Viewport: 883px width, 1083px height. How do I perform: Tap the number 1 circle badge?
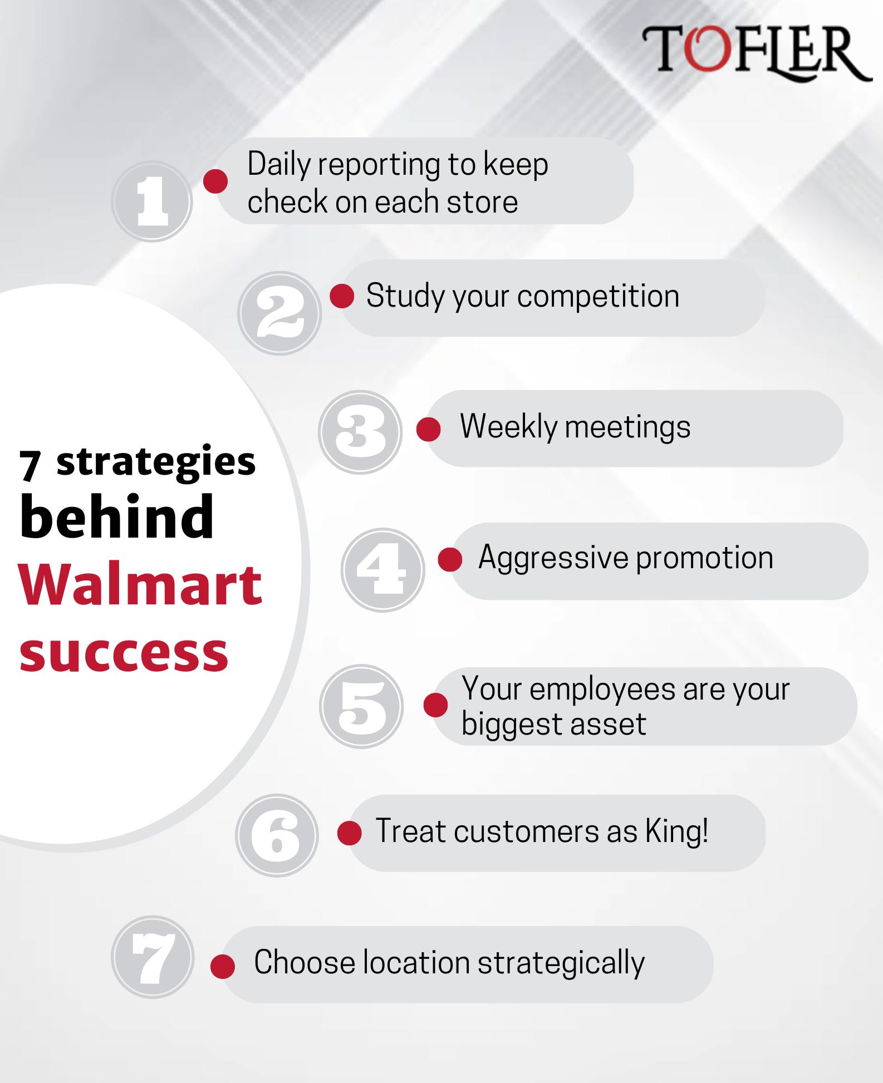152,201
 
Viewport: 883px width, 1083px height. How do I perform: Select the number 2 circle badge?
279,313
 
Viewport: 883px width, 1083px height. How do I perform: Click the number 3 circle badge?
360,432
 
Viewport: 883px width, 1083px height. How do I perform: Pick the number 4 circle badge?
382,569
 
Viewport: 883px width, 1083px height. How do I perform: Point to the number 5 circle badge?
361,706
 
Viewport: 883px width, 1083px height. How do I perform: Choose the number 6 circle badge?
277,835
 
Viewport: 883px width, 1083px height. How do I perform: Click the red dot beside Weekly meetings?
429,430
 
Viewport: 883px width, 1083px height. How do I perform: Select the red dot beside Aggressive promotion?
450,559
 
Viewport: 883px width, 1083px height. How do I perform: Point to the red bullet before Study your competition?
342,296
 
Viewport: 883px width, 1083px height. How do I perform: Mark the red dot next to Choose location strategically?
223,966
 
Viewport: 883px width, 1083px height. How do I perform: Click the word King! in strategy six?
677,831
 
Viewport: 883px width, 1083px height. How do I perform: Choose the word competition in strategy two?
598,297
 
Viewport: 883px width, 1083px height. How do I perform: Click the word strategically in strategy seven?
561,963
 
